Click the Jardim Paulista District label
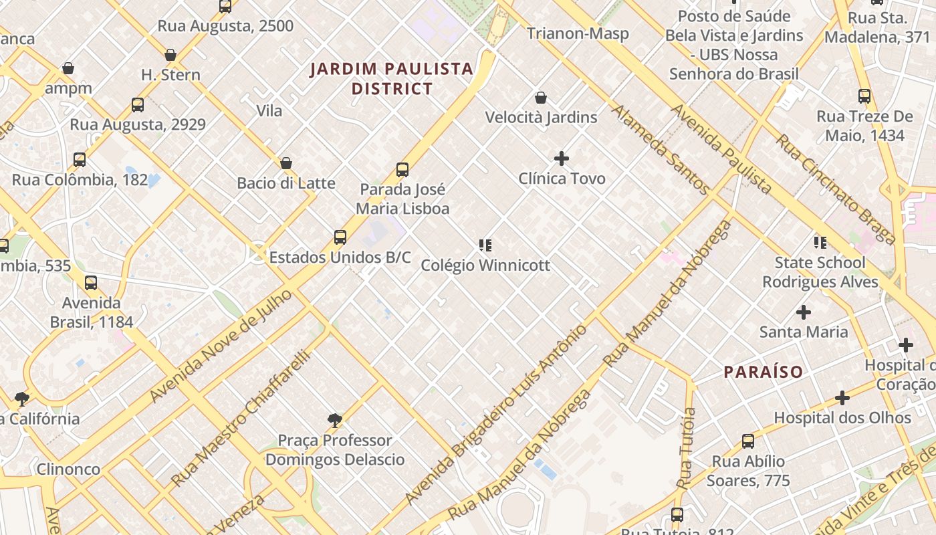click(x=392, y=78)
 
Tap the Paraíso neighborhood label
click(x=763, y=372)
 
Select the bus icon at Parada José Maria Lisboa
click(x=402, y=170)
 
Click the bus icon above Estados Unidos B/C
click(x=340, y=237)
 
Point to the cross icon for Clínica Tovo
click(x=562, y=158)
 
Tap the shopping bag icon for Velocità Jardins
click(x=541, y=98)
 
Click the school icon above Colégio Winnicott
click(x=485, y=245)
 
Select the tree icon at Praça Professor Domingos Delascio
click(x=335, y=421)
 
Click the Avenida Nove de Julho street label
click(x=221, y=346)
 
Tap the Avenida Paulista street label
click(x=722, y=148)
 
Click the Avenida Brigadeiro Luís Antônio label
click(x=496, y=415)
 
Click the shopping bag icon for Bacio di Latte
click(x=286, y=163)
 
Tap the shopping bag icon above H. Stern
click(x=170, y=55)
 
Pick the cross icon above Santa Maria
click(x=804, y=312)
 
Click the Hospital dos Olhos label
click(x=842, y=418)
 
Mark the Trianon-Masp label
click(x=578, y=33)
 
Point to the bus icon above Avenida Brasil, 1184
click(x=91, y=283)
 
